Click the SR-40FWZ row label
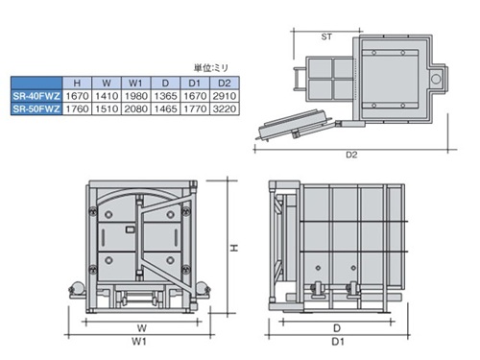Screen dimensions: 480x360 point(36,96)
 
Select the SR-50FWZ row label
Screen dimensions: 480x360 point(36,108)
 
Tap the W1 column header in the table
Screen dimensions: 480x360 point(135,84)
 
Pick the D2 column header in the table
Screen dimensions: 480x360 point(225,84)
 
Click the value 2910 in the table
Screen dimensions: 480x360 point(225,96)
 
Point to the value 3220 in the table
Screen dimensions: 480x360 point(225,108)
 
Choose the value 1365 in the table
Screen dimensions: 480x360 point(165,96)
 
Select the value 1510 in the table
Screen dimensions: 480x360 point(107,108)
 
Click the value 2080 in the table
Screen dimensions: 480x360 point(136,108)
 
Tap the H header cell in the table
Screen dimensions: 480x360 point(77,84)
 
